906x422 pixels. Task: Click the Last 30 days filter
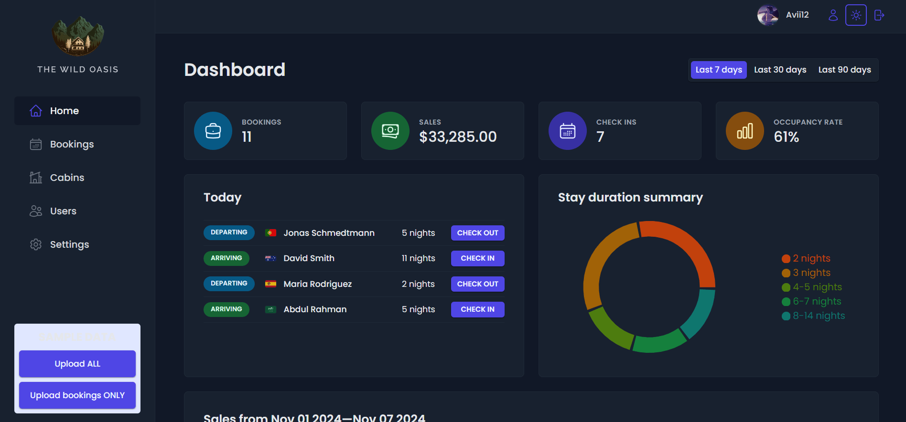tap(780, 70)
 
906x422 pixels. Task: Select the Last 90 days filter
tap(844, 70)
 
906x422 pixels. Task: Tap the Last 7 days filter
tap(718, 70)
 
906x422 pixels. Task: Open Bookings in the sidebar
tap(72, 144)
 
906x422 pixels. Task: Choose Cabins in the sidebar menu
tap(67, 178)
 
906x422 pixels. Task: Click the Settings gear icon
tap(36, 244)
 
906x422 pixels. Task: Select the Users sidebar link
tap(63, 211)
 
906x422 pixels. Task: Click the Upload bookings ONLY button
tap(77, 395)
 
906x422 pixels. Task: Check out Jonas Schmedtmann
tap(477, 233)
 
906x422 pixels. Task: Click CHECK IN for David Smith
tap(477, 258)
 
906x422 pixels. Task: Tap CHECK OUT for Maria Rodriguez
tap(477, 284)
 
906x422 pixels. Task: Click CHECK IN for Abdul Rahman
tap(477, 309)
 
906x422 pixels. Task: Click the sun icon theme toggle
tap(856, 15)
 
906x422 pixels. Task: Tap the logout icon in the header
tap(879, 15)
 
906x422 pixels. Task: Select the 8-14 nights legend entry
tap(819, 316)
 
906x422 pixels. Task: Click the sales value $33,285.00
tap(458, 137)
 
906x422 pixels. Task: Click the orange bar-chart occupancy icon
tap(744, 131)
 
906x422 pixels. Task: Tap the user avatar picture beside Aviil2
tap(767, 15)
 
